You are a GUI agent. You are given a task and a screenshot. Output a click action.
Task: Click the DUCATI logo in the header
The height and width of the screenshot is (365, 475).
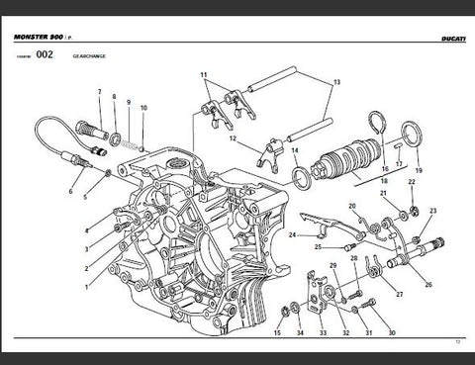443,38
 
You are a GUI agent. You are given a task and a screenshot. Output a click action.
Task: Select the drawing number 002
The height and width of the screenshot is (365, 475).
44,56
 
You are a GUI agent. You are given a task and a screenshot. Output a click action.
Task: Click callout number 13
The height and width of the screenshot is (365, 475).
335,82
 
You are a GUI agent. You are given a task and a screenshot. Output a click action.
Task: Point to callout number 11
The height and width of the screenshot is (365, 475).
203,75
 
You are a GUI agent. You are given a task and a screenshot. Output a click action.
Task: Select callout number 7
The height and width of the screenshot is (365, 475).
99,92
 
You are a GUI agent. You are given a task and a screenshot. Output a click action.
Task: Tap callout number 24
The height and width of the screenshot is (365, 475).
292,235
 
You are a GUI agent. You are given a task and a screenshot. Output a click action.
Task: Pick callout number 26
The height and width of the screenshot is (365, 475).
428,285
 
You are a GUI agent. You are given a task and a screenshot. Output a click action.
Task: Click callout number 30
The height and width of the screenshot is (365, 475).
392,333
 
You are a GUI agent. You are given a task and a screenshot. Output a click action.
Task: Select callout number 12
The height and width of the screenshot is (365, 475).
234,139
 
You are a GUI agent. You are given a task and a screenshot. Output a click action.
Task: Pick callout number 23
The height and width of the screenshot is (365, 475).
433,212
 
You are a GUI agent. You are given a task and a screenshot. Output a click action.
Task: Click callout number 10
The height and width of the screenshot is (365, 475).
144,107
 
